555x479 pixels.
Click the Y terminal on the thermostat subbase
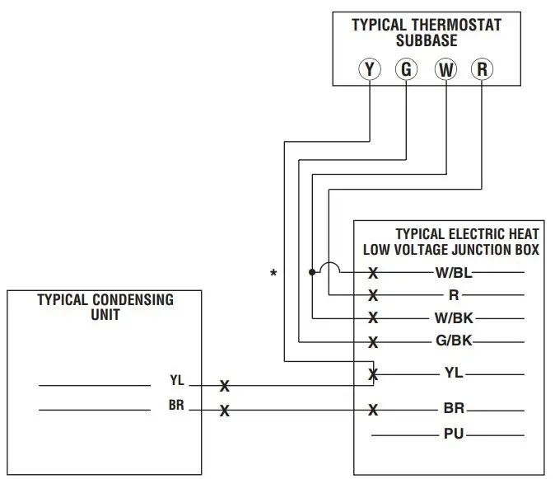369,69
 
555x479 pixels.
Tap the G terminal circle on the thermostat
406,69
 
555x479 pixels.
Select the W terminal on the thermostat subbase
445,69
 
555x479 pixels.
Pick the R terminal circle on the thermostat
483,69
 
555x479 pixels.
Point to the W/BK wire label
452,317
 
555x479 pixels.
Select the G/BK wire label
452,340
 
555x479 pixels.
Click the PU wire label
453,434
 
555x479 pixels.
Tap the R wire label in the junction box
452,294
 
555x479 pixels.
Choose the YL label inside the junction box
453,373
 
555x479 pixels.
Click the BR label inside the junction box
453,409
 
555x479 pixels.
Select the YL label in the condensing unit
177,381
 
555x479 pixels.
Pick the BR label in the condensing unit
176,406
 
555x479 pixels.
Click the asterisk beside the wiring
273,274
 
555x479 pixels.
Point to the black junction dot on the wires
311,272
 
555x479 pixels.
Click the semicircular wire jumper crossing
329,267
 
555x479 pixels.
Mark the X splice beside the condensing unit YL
224,385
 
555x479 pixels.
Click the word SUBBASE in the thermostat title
426,40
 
